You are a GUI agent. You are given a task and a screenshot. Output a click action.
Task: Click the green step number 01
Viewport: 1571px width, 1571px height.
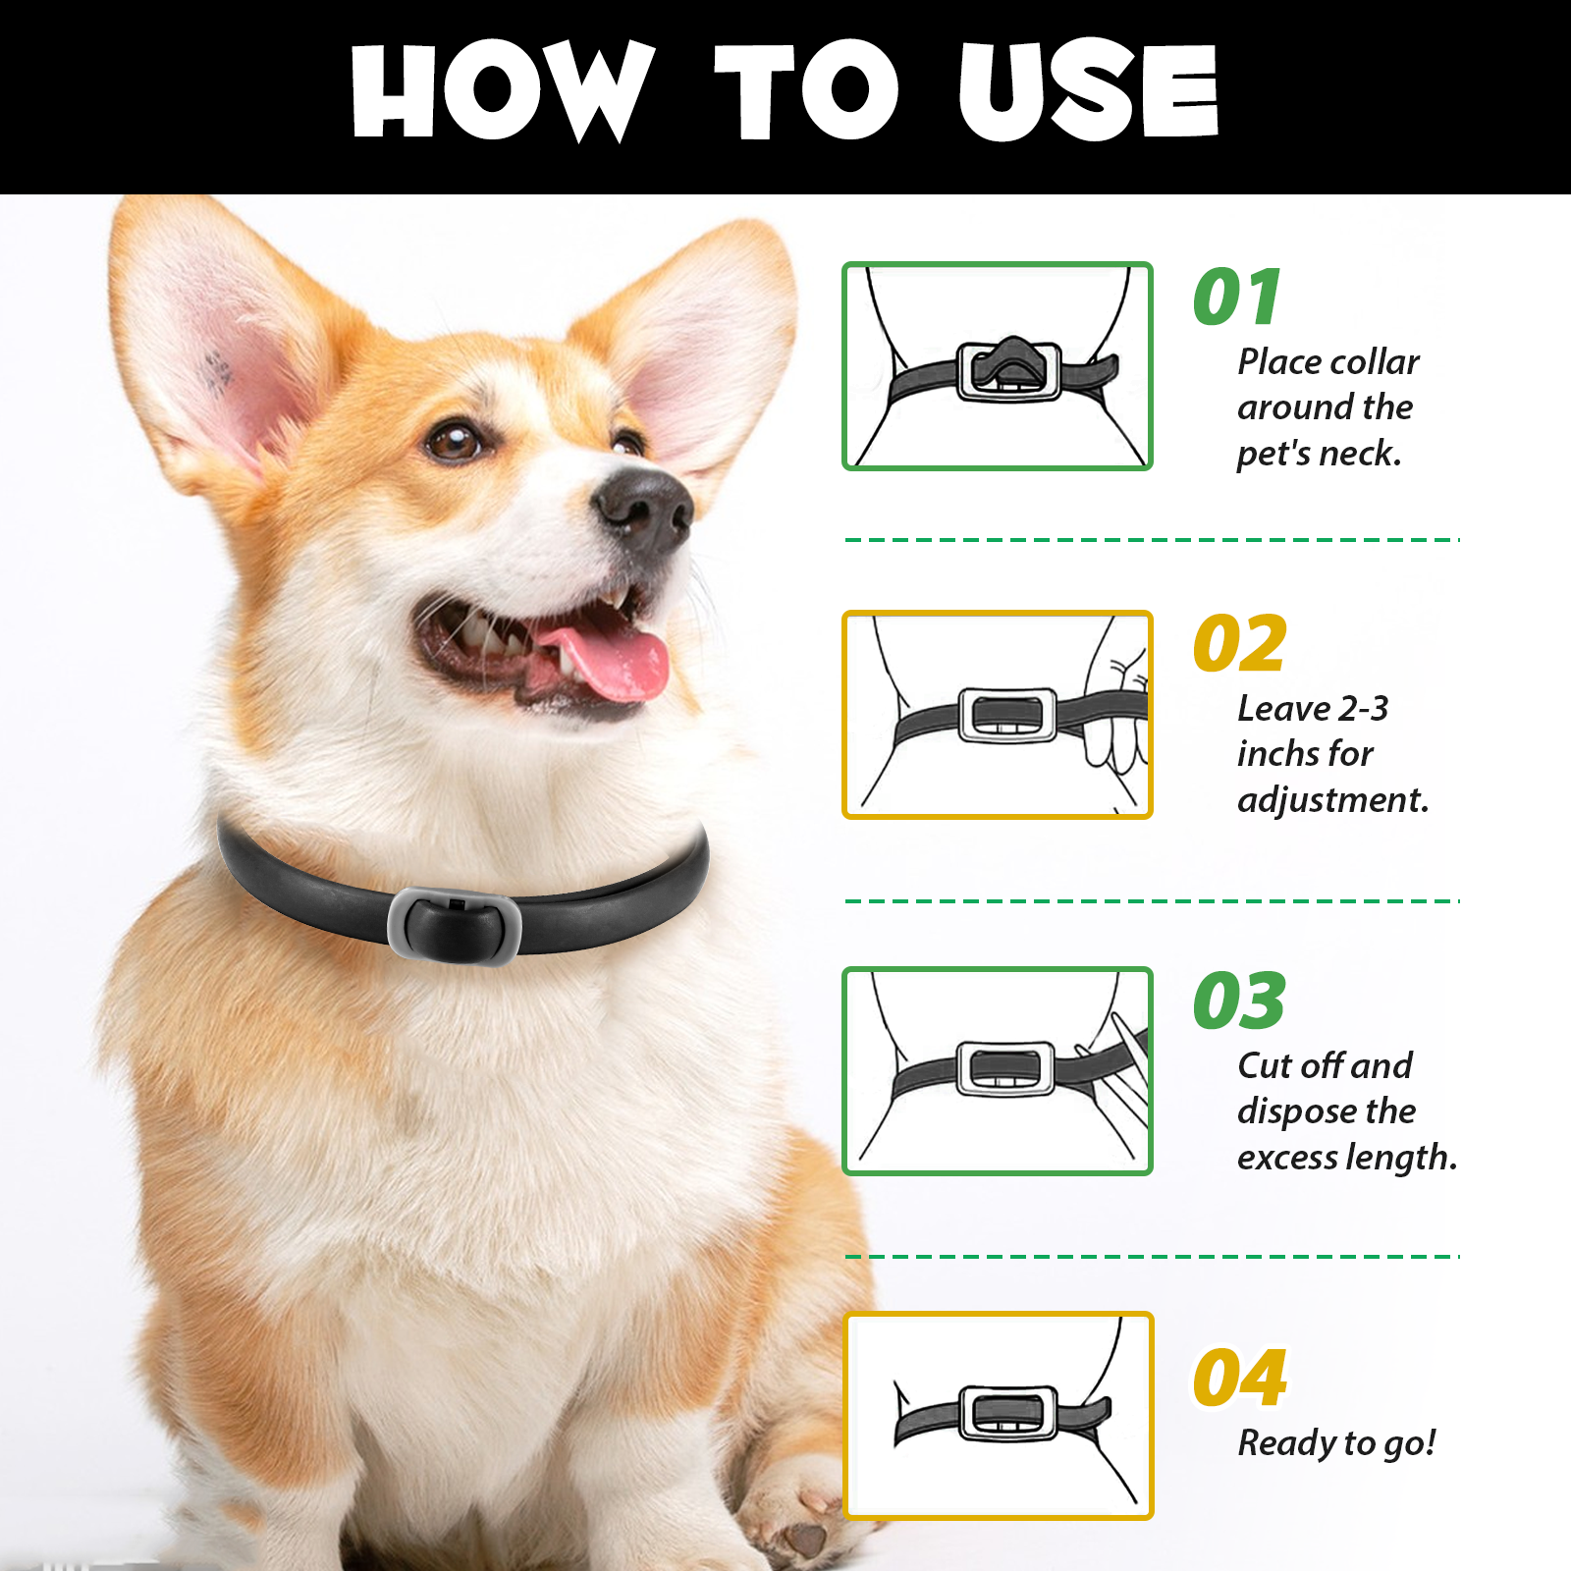pyautogui.click(x=1237, y=297)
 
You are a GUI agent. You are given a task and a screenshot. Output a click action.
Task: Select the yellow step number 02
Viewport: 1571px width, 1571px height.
pyautogui.click(x=1239, y=644)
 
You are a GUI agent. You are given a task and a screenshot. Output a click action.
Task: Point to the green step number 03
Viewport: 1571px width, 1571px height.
pyautogui.click(x=1239, y=1002)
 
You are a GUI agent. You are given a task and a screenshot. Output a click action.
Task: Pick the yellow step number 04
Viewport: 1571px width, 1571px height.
pyautogui.click(x=1239, y=1378)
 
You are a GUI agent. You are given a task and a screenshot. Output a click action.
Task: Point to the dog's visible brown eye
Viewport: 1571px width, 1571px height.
pyautogui.click(x=455, y=441)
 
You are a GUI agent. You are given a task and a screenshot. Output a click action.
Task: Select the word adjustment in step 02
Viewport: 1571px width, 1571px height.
pyautogui.click(x=1332, y=800)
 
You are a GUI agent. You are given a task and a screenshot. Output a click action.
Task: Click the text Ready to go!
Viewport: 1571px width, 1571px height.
pyautogui.click(x=1336, y=1442)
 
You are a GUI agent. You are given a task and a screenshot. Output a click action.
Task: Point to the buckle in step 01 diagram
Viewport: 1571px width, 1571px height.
pyautogui.click(x=1009, y=370)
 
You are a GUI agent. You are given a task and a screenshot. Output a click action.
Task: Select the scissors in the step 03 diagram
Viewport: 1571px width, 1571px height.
pyautogui.click(x=1124, y=1075)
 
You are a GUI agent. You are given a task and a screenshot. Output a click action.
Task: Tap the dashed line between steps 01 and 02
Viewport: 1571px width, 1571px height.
pyautogui.click(x=1152, y=540)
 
